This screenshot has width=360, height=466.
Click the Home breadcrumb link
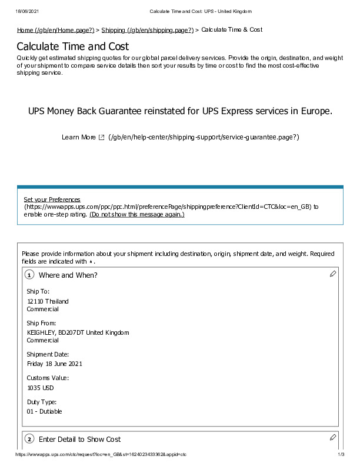[56, 30]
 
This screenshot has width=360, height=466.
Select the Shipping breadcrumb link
[147, 30]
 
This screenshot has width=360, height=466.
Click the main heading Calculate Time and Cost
[73, 46]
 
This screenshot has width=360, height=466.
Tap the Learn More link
[78, 137]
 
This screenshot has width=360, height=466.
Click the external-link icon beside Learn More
[102, 137]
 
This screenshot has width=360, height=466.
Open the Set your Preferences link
[52, 199]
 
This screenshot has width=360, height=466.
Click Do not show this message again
[136, 215]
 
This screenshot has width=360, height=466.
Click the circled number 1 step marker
[29, 275]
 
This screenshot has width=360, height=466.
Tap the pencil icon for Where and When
[333, 274]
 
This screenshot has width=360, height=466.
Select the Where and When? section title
[68, 275]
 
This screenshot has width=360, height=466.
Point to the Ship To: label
[38, 291]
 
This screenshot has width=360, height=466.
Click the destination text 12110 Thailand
[48, 301]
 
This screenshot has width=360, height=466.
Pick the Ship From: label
[41, 323]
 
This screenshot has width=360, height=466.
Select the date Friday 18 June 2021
[55, 364]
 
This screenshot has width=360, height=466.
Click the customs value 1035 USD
[41, 388]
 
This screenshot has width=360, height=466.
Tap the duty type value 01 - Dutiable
[44, 411]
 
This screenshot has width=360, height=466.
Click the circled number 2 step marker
[29, 440]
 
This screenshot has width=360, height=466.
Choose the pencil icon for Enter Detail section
[333, 437]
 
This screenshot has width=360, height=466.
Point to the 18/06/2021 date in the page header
[22, 12]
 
